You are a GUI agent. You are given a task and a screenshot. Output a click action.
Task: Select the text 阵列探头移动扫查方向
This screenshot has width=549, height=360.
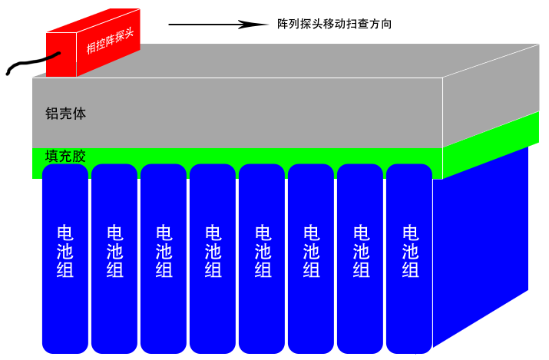point(335,24)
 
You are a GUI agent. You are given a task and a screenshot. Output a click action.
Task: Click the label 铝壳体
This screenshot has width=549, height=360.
point(65,114)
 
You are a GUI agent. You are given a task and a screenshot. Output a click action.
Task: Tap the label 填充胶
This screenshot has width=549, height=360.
point(65,156)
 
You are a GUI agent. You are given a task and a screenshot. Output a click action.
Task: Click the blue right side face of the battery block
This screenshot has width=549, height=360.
point(480,246)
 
